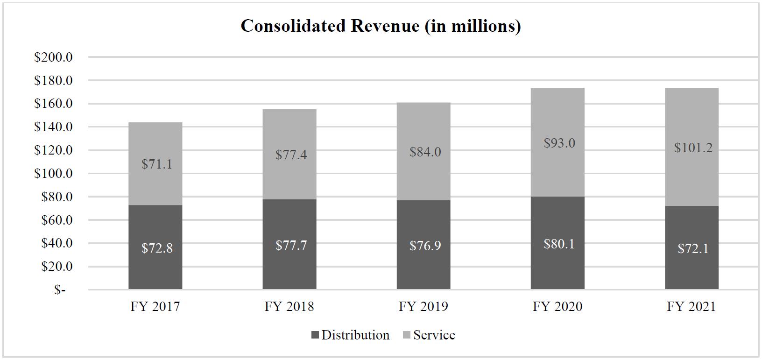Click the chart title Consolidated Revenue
[x=381, y=26]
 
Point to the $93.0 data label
[x=559, y=143]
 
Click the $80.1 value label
[x=559, y=244]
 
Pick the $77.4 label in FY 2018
[x=291, y=155]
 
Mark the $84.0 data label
[x=425, y=152]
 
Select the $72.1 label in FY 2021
[x=693, y=248]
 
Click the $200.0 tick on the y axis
[x=53, y=57]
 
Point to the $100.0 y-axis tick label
[x=53, y=173]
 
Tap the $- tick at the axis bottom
[x=60, y=290]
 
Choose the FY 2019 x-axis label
[x=423, y=306]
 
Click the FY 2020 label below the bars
[x=557, y=306]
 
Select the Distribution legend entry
[x=350, y=335]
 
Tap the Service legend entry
[x=428, y=335]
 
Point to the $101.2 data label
[x=693, y=148]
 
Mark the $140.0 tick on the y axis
[x=53, y=127]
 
